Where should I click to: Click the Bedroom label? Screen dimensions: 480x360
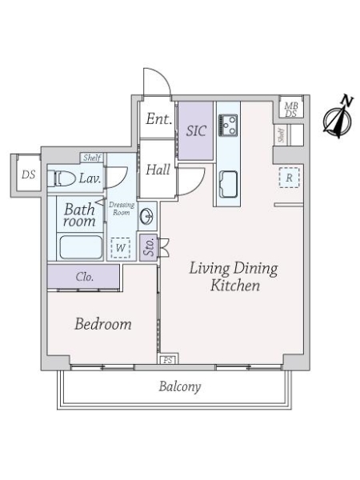[x=102, y=325]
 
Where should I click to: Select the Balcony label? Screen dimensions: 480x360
[x=179, y=387]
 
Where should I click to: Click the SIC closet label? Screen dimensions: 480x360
[x=196, y=130]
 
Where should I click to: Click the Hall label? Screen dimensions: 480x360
[x=157, y=170]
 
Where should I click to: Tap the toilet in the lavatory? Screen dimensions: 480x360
[x=64, y=178]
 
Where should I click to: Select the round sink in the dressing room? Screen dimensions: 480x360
[x=147, y=216]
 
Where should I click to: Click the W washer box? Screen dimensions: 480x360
[x=119, y=248]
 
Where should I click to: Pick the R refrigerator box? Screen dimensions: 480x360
[x=288, y=178]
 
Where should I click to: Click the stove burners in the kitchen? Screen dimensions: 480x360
[x=228, y=125]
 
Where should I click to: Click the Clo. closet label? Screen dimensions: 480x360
[x=83, y=277]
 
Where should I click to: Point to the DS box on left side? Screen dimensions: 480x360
[x=27, y=174]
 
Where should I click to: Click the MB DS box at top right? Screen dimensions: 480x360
[x=290, y=109]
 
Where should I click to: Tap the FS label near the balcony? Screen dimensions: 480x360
[x=169, y=360]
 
